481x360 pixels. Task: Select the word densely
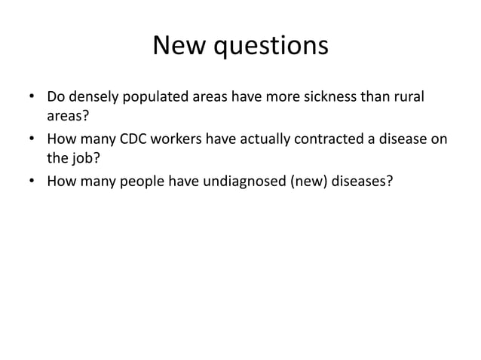[90, 99]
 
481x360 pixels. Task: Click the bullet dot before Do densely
[31, 99]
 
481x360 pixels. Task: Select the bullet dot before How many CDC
[31, 140]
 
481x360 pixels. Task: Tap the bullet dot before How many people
[31, 182]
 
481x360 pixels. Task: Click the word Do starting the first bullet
[56, 98]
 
